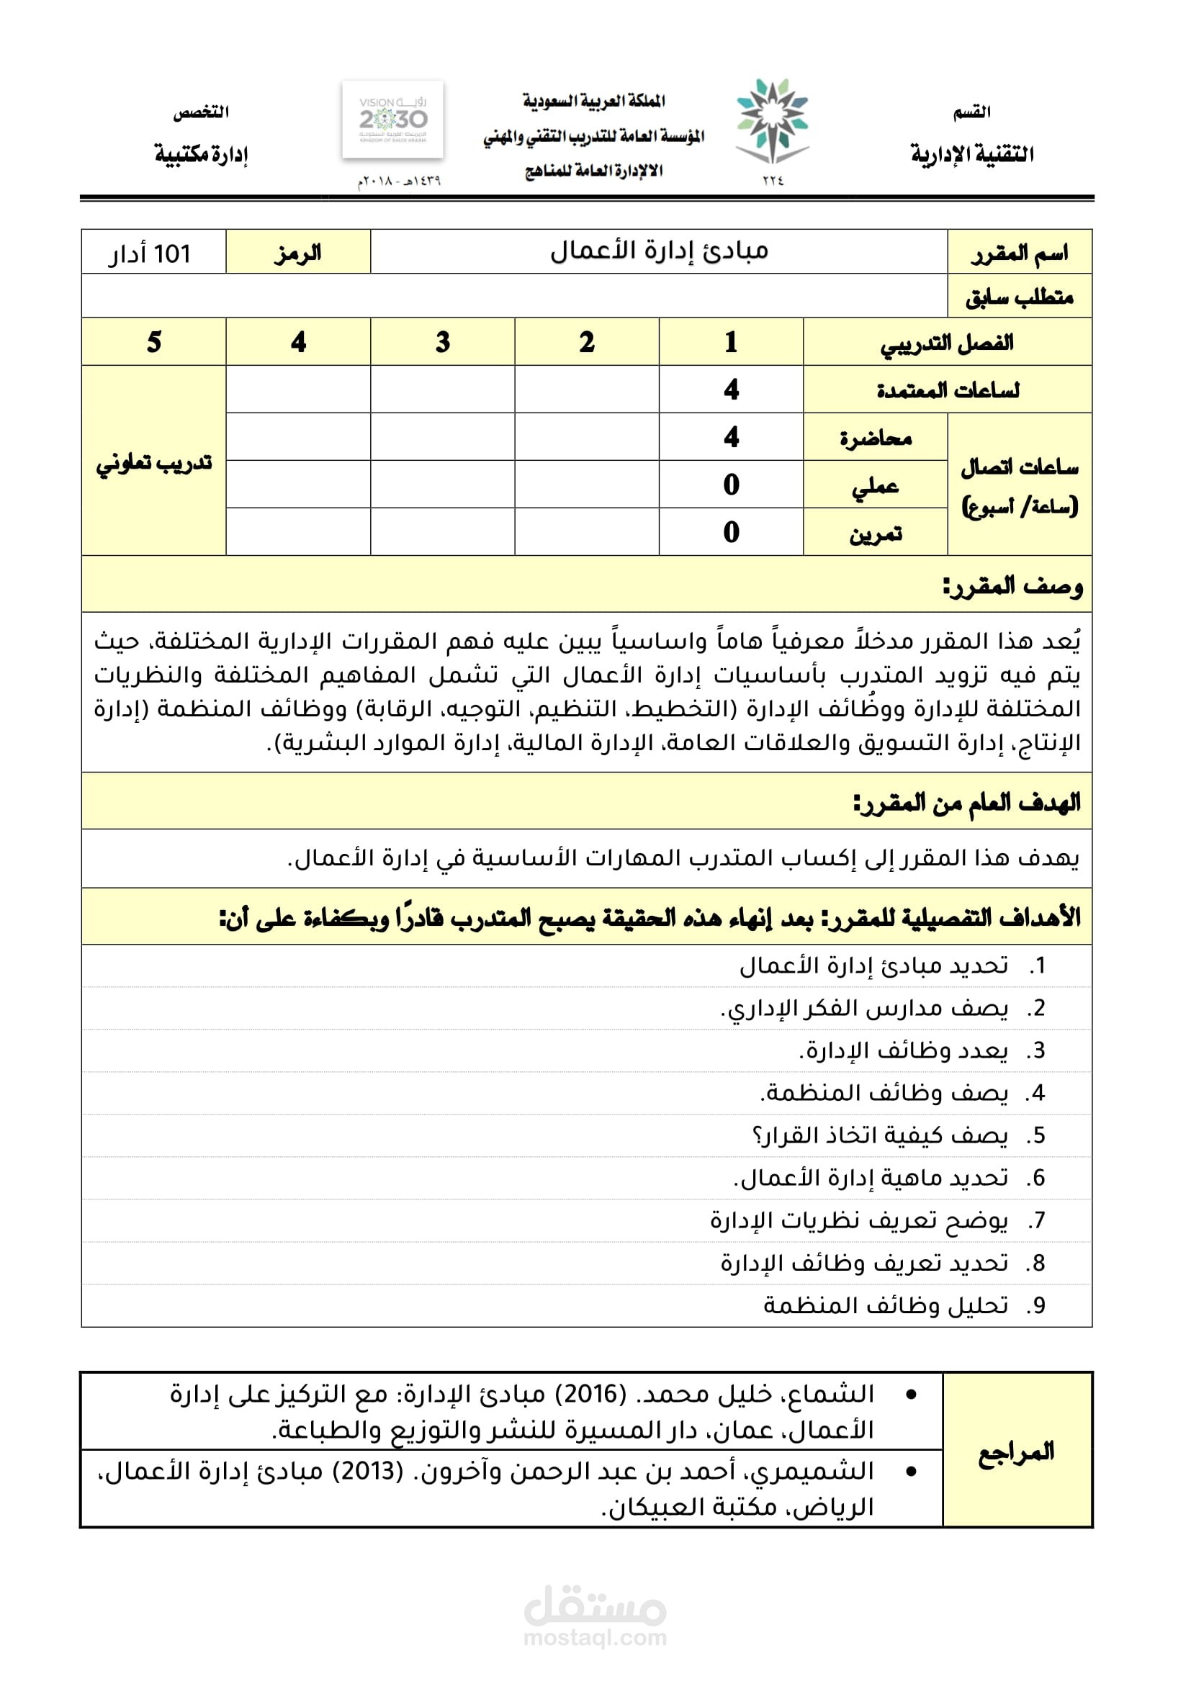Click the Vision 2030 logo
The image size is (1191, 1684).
[x=392, y=120]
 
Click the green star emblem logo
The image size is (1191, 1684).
[x=772, y=121]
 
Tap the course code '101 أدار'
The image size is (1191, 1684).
[x=150, y=253]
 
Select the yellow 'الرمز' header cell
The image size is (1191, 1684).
[x=298, y=253]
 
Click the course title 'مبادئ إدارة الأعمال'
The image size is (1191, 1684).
[x=659, y=251]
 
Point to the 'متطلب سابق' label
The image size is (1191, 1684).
[x=1019, y=297]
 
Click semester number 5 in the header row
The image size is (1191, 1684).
[x=153, y=343]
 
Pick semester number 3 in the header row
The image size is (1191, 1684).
[x=442, y=343]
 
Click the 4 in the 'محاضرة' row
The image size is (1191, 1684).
[x=730, y=437]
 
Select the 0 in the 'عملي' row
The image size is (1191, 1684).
[x=730, y=485]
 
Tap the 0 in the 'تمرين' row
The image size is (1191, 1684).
[x=730, y=532]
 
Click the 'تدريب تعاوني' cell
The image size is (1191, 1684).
[x=153, y=463]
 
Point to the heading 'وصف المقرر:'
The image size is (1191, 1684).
[x=1012, y=585]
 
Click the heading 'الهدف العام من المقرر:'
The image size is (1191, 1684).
[x=966, y=802]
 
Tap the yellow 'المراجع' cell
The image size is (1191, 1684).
[x=1017, y=1451]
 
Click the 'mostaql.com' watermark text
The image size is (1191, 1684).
[x=595, y=1638]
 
